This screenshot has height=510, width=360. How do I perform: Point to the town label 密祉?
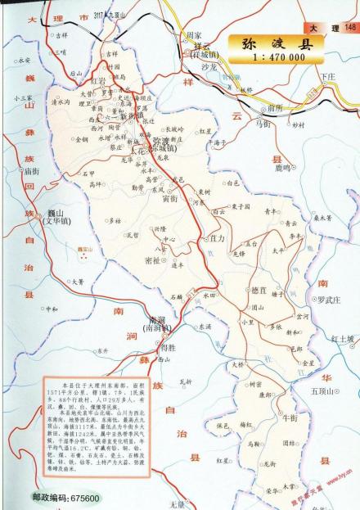tap(152, 260)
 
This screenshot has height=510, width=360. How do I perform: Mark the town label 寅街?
tap(169, 198)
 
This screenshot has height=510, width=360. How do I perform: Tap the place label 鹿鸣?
tap(282, 167)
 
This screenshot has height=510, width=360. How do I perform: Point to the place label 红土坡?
tap(343, 337)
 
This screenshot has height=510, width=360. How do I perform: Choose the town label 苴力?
tap(217, 238)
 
